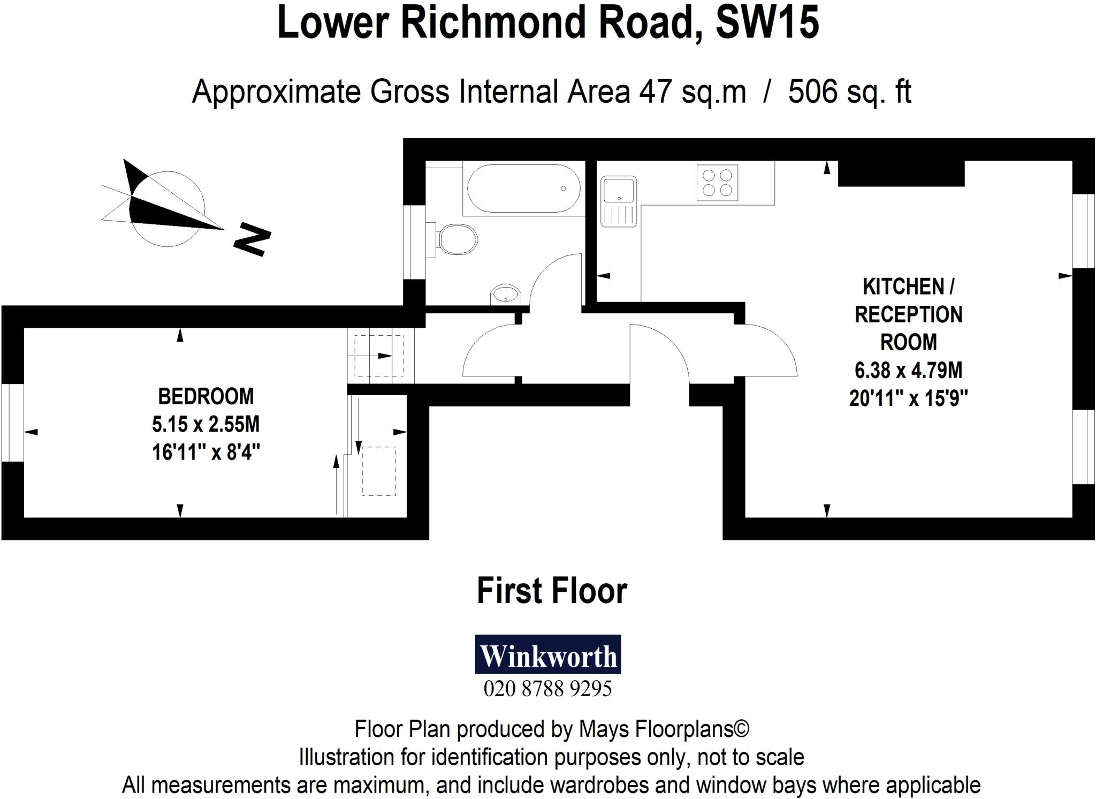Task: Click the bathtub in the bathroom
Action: pos(523,189)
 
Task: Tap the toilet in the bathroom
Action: pos(456,239)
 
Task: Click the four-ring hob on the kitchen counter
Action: pos(717,183)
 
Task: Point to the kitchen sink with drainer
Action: pos(619,201)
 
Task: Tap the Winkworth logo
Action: pos(548,654)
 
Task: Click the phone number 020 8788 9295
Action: pos(547,689)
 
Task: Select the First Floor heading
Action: pos(551,591)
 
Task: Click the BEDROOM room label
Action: pos(206,397)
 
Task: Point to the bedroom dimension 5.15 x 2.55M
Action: pos(206,425)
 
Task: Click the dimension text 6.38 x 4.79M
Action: pos(908,370)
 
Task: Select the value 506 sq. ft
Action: pos(849,92)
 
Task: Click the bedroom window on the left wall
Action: pos(12,421)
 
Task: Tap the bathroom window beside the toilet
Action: pos(414,242)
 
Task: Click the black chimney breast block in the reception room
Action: pos(901,173)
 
